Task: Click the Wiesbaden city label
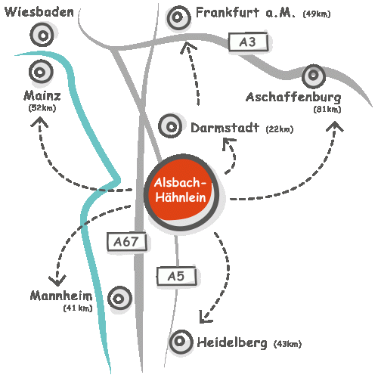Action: (39, 12)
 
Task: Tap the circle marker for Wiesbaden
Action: (42, 35)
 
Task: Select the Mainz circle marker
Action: (41, 72)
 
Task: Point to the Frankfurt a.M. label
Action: (245, 13)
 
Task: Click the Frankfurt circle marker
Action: (178, 17)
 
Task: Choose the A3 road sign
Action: (248, 42)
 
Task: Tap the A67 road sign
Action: (126, 242)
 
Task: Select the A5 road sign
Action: (176, 276)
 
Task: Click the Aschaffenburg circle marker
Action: (314, 76)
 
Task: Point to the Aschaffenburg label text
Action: (293, 98)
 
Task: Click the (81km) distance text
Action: (327, 109)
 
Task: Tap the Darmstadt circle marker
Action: (171, 126)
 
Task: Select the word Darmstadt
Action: (225, 128)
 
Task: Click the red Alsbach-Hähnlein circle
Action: (181, 193)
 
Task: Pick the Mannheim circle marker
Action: (119, 299)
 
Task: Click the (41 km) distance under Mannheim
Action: (78, 308)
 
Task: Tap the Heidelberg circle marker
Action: (181, 342)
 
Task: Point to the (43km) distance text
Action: (287, 344)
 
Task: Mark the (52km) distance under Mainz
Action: (42, 108)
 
